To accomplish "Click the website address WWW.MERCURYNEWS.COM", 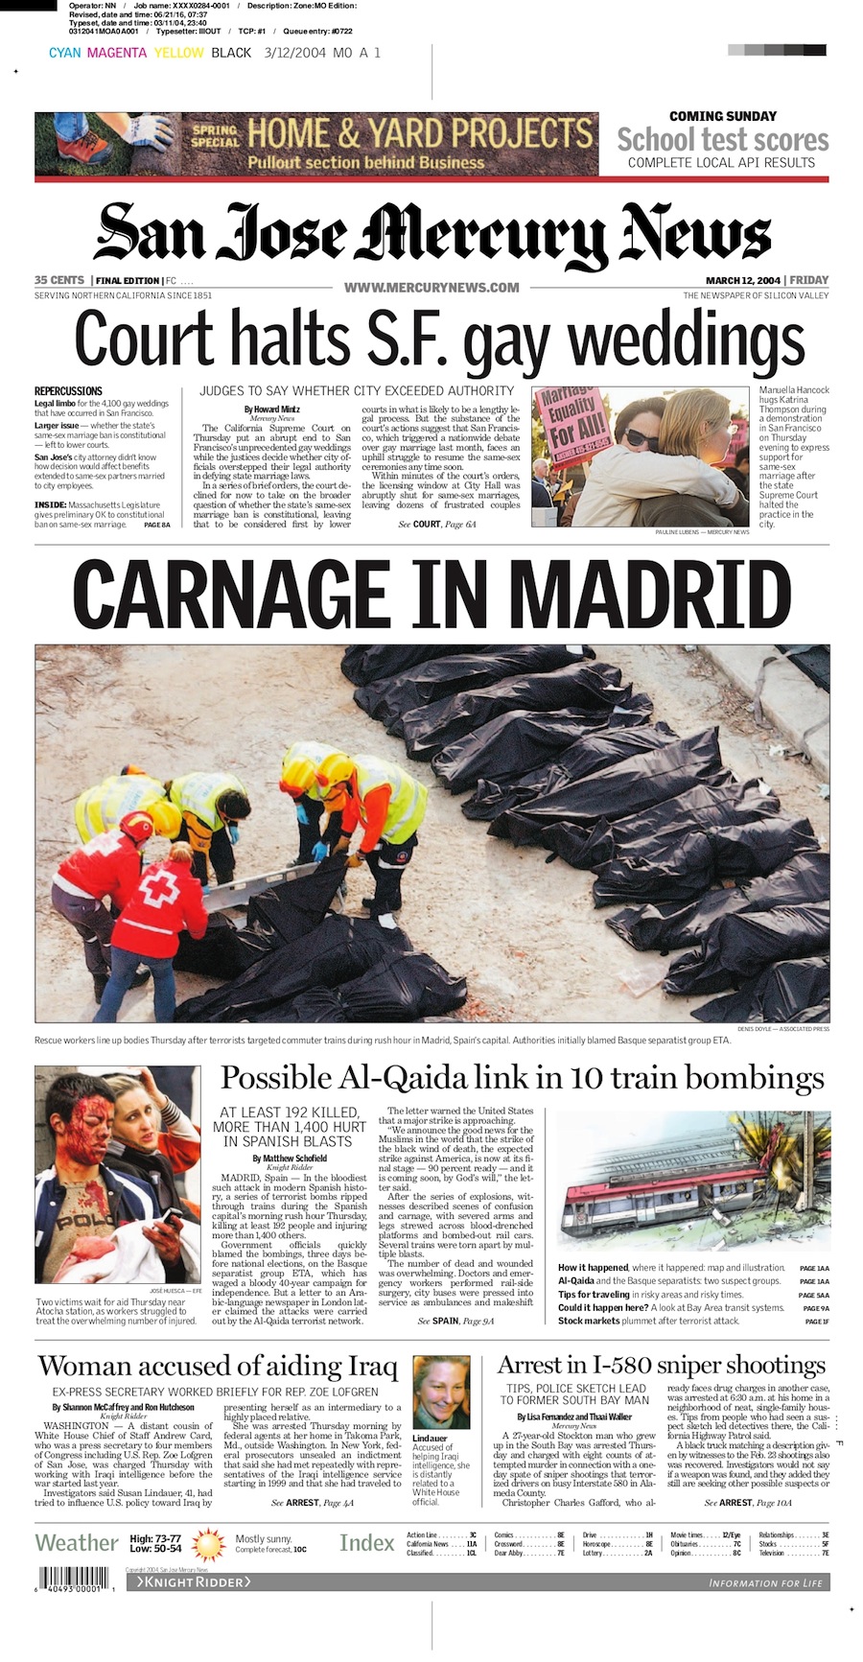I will coord(431,287).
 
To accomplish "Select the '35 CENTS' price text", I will coord(59,280).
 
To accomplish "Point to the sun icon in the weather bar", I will coord(208,1544).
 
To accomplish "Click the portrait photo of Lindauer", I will coord(441,1393).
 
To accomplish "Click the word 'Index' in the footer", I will coord(366,1543).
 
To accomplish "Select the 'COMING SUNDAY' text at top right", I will coord(722,116).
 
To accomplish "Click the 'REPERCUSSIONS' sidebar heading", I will coord(68,391).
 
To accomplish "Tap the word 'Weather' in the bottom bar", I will coord(77,1543).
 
